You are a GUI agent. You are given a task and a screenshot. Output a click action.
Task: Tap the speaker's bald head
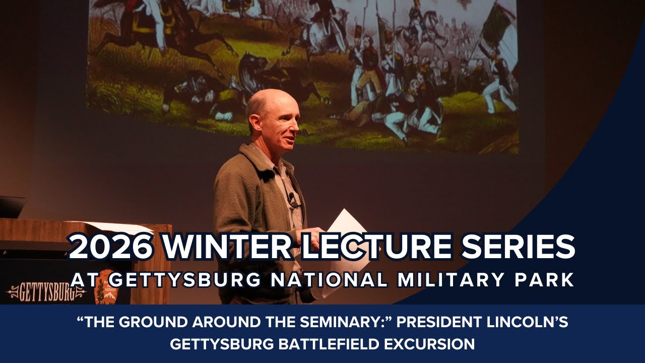(270, 101)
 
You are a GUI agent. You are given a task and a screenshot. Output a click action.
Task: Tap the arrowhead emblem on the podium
(105, 292)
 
